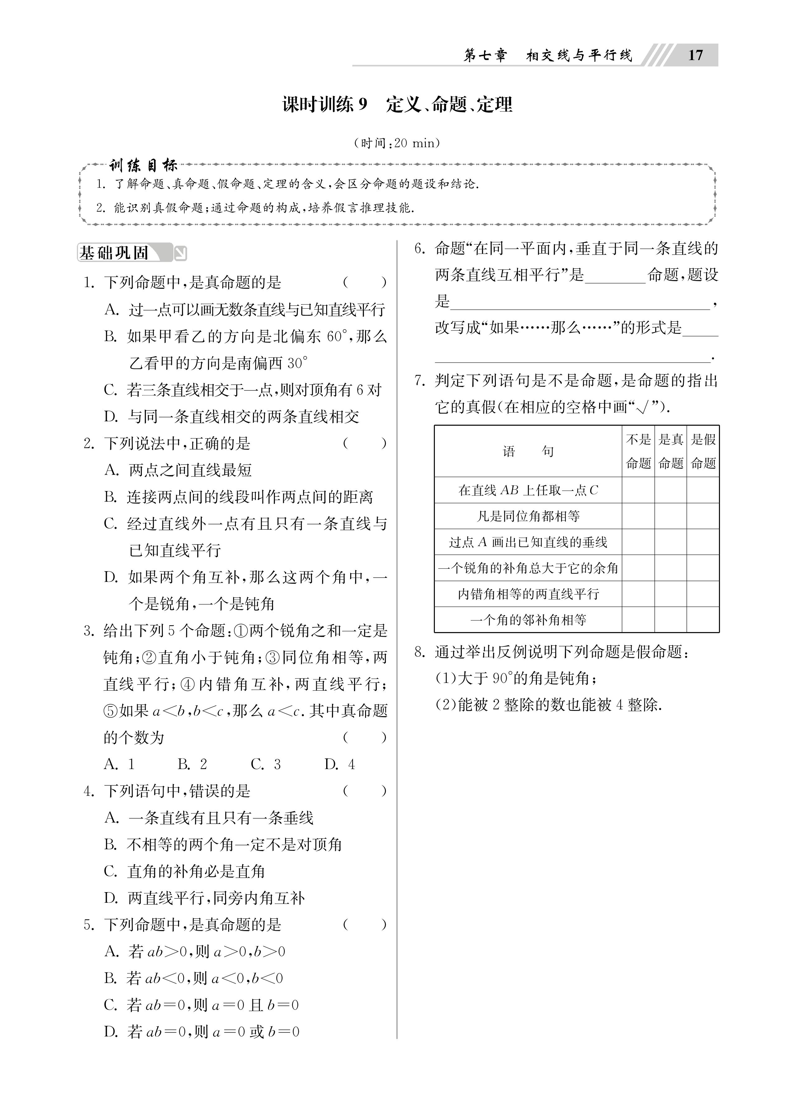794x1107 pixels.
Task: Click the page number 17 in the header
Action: (695, 55)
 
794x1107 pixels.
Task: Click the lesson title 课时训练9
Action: (325, 104)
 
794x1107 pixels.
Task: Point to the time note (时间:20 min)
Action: (397, 143)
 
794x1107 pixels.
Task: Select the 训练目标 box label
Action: (143, 166)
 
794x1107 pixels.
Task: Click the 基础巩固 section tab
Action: (115, 253)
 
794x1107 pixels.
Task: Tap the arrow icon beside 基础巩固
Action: (180, 253)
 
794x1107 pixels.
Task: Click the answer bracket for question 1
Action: (364, 282)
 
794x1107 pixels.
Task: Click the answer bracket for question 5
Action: (364, 925)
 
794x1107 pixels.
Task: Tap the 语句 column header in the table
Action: (528, 452)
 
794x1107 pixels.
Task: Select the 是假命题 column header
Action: (703, 452)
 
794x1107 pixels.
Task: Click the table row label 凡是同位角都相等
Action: (528, 516)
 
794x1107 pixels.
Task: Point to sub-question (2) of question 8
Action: (548, 705)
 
